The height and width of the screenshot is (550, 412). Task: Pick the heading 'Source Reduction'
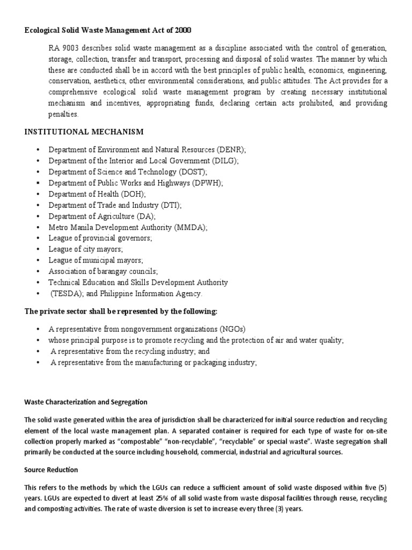click(x=51, y=469)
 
